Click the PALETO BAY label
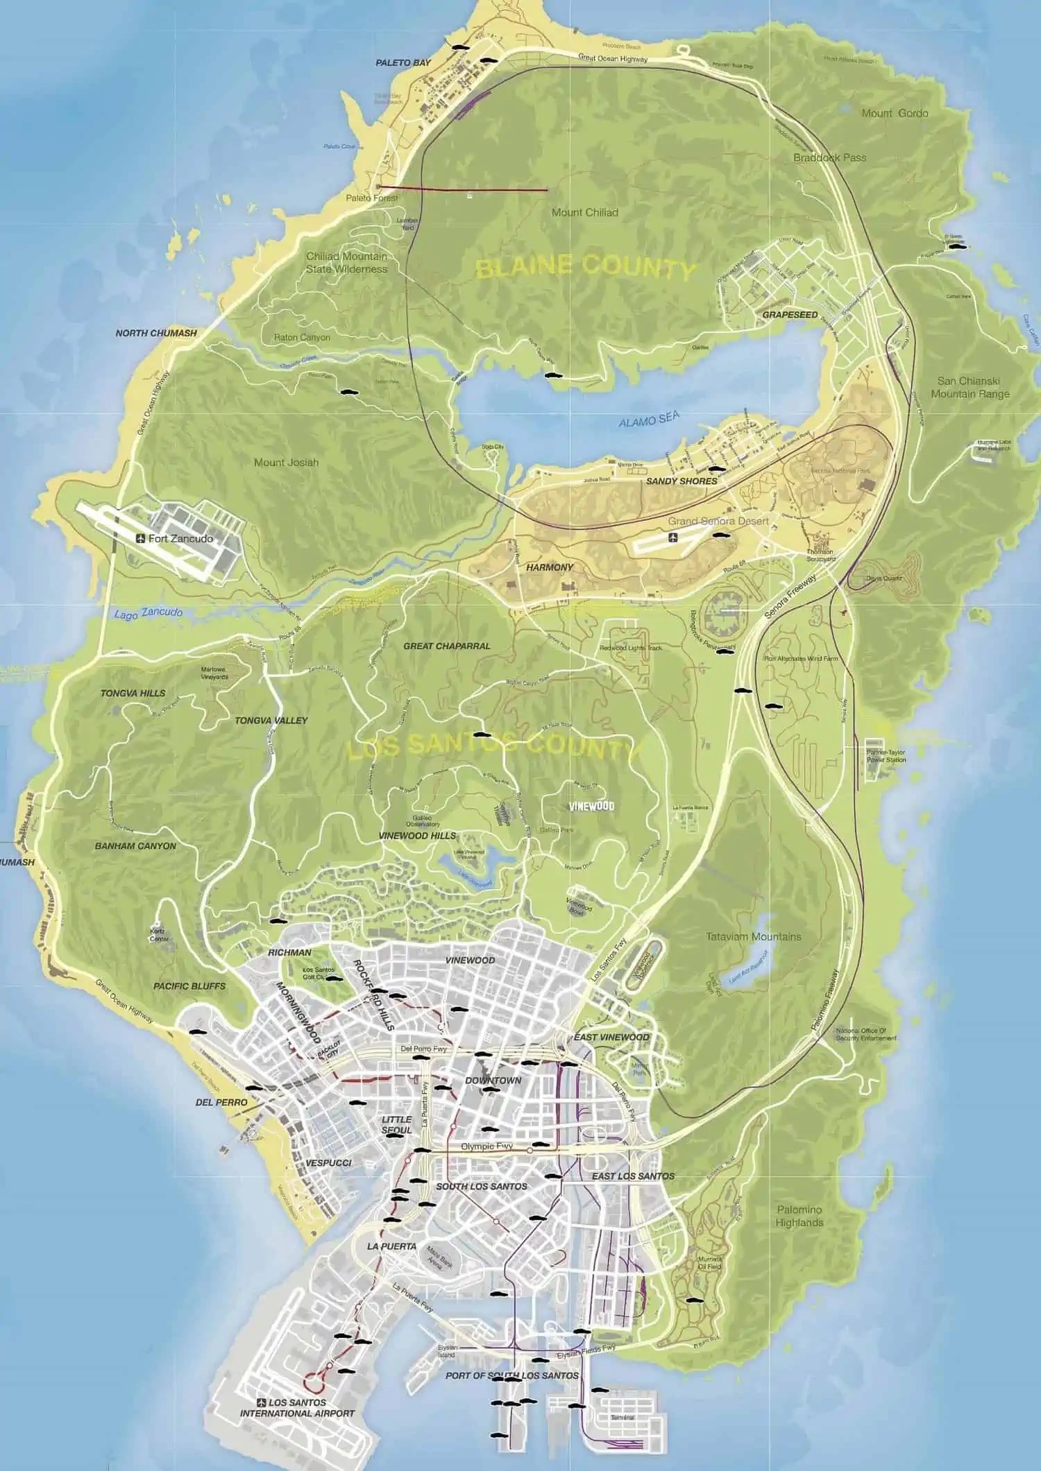click(403, 62)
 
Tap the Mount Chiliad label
click(584, 212)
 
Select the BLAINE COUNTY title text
click(584, 267)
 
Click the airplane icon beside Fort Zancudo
click(141, 538)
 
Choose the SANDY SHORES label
click(682, 481)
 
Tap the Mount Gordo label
click(895, 113)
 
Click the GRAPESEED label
click(790, 314)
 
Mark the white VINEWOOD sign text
click(591, 807)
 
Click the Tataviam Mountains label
click(753, 936)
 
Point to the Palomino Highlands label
click(799, 1216)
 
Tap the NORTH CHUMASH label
click(156, 333)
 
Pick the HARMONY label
click(550, 567)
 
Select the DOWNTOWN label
click(493, 1081)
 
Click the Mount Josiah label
click(286, 462)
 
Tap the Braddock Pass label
click(829, 157)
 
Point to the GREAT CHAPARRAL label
click(447, 646)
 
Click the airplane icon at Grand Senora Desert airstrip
click(672, 538)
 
